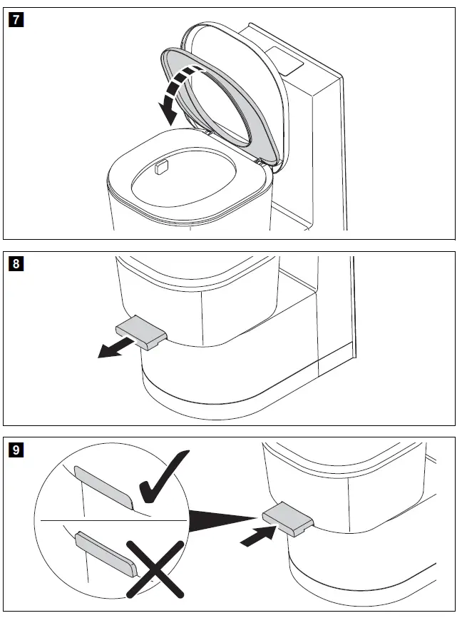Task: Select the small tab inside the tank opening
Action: click(161, 168)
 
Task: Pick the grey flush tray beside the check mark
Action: click(103, 485)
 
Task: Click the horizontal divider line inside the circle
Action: click(107, 522)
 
